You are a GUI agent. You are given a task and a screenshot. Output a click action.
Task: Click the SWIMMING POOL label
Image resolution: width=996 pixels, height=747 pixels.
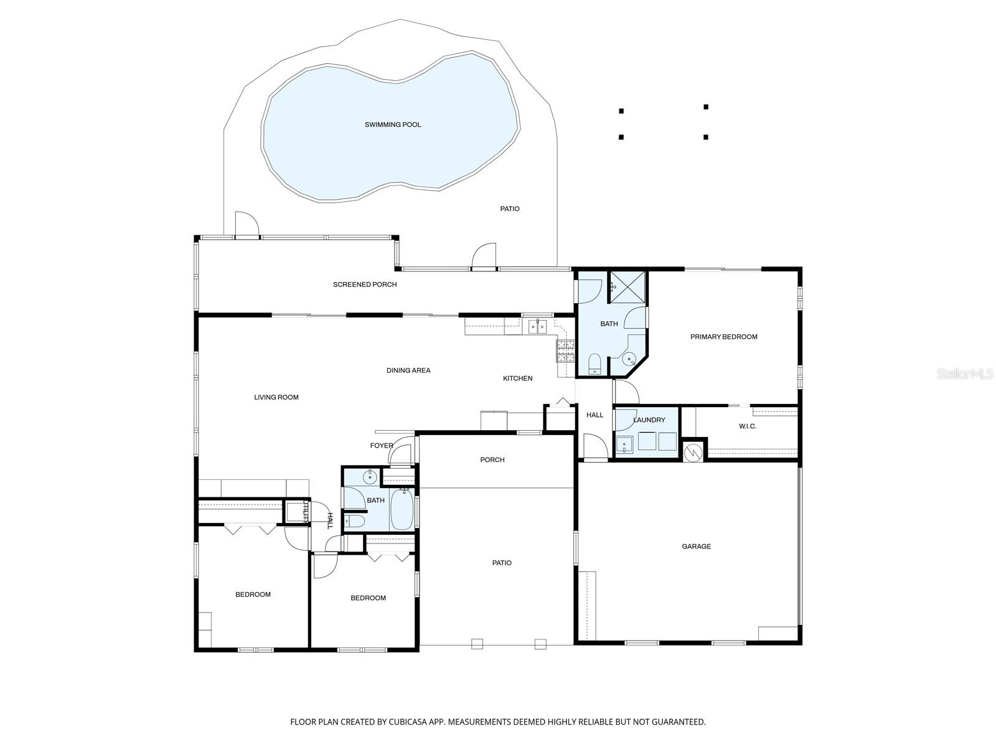click(393, 125)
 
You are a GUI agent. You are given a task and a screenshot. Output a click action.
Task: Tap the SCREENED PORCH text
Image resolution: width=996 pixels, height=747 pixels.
click(365, 284)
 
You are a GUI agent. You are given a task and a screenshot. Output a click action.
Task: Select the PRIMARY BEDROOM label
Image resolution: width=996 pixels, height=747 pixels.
click(723, 337)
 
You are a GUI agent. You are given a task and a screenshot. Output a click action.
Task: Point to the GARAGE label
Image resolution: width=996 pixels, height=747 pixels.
click(696, 547)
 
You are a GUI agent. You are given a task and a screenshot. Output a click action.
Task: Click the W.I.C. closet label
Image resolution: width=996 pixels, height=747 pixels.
click(748, 426)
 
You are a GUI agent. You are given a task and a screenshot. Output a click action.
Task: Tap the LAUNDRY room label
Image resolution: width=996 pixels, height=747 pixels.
click(649, 420)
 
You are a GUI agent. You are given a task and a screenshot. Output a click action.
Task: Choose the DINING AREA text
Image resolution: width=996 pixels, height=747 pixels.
click(408, 370)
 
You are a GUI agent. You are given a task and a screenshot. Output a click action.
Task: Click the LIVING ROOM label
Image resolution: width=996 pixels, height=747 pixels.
click(276, 397)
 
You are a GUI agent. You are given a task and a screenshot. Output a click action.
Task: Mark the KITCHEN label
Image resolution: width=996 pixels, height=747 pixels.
click(518, 378)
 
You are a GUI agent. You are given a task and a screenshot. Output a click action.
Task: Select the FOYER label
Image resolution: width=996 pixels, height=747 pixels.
click(382, 446)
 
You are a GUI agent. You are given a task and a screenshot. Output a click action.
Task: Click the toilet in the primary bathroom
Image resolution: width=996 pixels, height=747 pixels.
click(594, 364)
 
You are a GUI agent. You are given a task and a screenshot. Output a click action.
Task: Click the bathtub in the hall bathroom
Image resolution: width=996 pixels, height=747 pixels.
click(401, 509)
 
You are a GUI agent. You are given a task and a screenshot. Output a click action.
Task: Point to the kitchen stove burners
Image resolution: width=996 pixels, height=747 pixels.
click(565, 352)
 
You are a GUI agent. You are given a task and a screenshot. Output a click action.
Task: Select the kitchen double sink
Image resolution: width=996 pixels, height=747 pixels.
click(537, 326)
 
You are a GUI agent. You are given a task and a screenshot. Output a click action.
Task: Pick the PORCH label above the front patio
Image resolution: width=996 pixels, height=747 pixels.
click(492, 460)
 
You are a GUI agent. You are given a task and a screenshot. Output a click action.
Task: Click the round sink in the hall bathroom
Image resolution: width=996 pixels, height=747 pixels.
click(370, 477)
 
